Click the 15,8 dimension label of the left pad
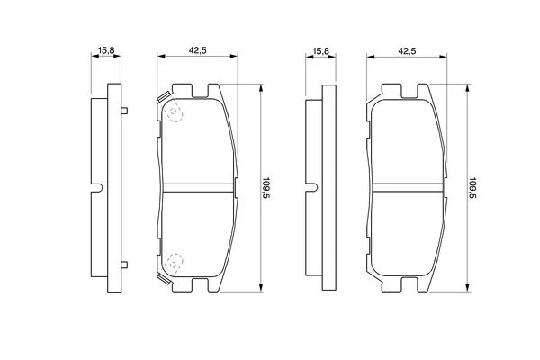pos(106,50)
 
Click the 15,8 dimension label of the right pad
pos(321,51)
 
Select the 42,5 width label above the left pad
pos(197,50)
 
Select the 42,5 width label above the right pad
pos(407,51)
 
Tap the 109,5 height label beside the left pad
pos(265,189)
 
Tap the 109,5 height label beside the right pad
pos(472,189)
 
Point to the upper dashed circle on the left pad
pos(175,112)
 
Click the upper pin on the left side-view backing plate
pos(124,111)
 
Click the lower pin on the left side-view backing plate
pos(124,265)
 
